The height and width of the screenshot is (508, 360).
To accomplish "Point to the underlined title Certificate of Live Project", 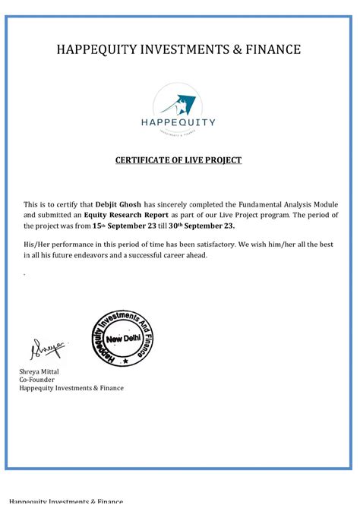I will tap(178, 160).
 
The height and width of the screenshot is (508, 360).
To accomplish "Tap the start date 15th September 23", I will tap(129, 226).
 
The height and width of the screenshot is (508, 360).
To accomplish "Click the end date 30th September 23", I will tap(202, 226).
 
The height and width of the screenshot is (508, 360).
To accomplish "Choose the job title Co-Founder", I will tap(39, 379).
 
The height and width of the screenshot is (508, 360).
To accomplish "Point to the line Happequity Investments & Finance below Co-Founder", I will tap(71, 388).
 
